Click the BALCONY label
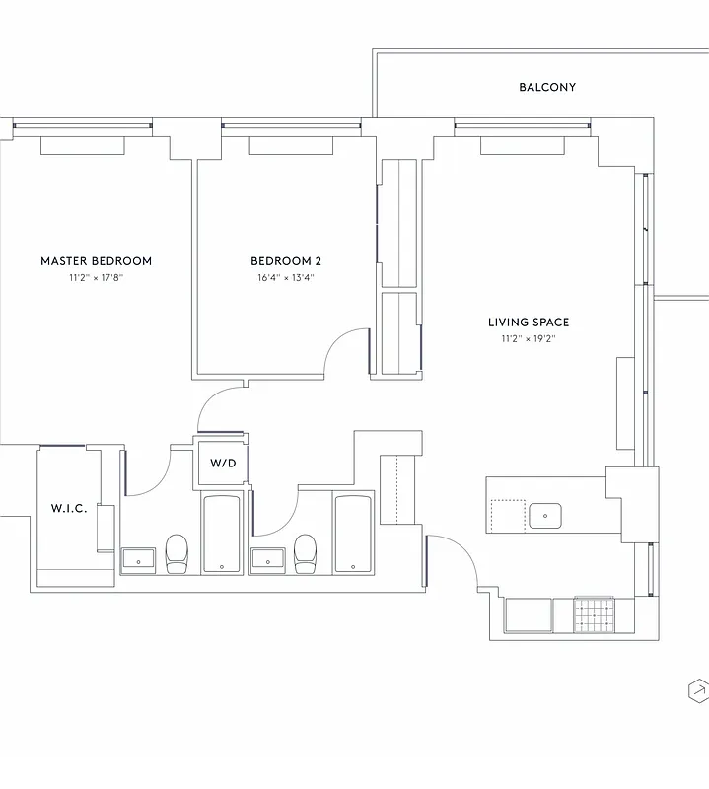[547, 87]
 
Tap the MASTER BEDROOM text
[96, 261]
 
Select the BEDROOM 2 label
[286, 261]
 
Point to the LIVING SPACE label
[529, 323]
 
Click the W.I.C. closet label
[69, 509]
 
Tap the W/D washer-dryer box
[223, 464]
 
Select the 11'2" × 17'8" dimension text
[96, 279]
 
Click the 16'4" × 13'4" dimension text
[286, 279]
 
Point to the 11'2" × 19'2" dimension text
[529, 339]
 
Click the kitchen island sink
[544, 515]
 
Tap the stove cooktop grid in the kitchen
[594, 614]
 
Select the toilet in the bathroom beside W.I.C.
[177, 553]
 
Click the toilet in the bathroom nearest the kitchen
[306, 553]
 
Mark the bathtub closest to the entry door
[352, 534]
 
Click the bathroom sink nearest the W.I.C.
[139, 559]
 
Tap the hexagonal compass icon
[697, 690]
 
